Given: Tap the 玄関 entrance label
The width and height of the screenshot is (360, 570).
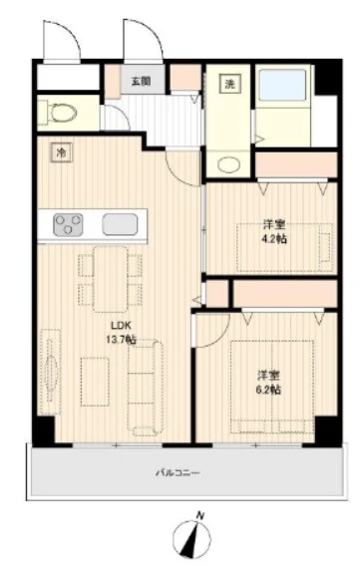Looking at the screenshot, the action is [141, 81].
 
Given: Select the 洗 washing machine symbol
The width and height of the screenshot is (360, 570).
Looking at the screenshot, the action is [229, 84].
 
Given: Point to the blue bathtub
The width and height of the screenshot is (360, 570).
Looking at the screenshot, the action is [282, 85].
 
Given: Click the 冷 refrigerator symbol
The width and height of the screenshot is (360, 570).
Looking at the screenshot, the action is [62, 152].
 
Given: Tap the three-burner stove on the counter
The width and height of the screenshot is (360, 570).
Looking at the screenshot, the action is [68, 224].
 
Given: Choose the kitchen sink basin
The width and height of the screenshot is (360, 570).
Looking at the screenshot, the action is [120, 224].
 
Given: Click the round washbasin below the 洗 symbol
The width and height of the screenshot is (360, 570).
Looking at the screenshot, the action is [228, 165].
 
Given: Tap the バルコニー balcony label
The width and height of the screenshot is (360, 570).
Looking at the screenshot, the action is [178, 473].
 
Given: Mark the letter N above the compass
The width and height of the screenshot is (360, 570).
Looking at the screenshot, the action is [200, 515].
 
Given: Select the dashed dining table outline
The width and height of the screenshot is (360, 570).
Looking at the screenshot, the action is [110, 279].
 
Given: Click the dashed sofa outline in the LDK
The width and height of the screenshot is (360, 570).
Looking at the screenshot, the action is [145, 388].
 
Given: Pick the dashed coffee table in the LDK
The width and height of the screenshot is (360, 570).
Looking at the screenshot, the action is [95, 382].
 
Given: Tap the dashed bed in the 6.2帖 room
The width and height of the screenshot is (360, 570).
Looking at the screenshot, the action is [272, 387].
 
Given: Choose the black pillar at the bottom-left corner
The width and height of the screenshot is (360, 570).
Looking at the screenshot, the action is [44, 430].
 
